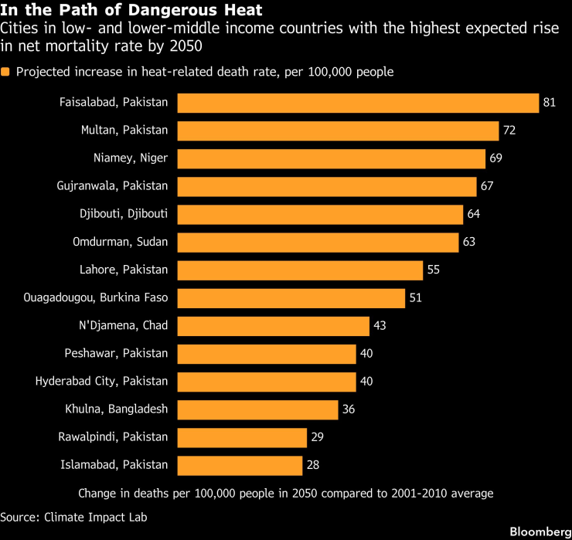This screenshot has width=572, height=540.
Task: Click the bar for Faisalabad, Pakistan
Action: (358, 103)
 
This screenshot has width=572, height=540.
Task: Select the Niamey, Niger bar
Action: (332, 158)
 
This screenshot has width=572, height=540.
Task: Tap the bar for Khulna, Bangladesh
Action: (258, 409)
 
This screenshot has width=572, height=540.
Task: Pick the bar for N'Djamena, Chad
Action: (274, 325)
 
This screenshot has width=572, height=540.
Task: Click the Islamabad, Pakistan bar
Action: (240, 465)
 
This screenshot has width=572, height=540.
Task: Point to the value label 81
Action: (550, 103)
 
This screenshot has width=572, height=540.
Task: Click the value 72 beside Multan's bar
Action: (509, 131)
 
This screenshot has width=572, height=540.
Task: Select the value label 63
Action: (468, 242)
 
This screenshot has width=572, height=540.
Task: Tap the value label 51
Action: (415, 297)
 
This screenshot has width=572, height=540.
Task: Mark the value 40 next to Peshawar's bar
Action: (366, 353)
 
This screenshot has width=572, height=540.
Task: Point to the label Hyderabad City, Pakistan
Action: (101, 381)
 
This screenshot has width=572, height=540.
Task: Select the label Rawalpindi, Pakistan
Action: (113, 436)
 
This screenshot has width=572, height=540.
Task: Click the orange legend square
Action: (6, 72)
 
